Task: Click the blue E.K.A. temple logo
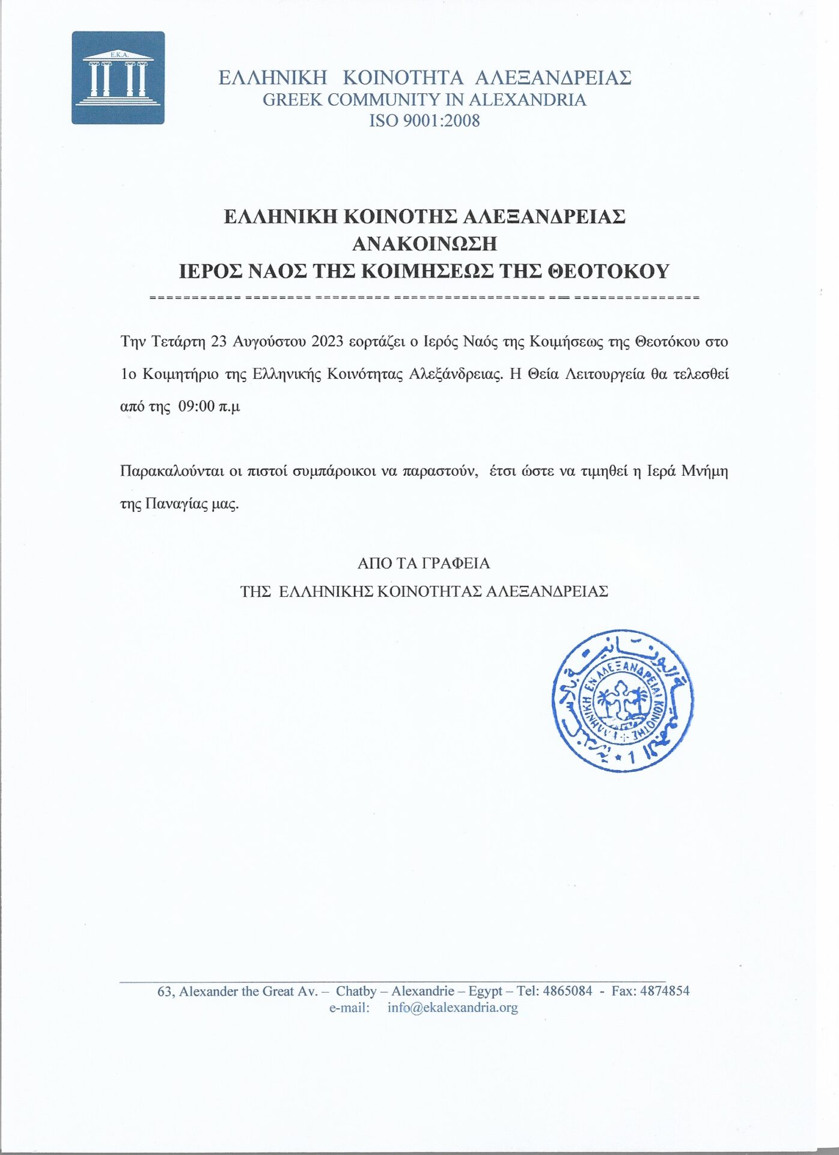pos(118,78)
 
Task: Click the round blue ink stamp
pos(622,701)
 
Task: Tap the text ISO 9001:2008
pos(424,121)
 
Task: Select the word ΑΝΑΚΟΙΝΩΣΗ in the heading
pos(424,244)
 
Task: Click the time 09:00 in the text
pos(197,406)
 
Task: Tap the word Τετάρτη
pos(178,342)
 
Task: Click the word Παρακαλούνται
pos(172,470)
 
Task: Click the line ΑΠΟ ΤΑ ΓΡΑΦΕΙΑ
pos(424,563)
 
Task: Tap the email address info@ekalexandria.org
pos(453,1007)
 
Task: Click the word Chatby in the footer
pos(356,991)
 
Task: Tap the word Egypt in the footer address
pos(485,991)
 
